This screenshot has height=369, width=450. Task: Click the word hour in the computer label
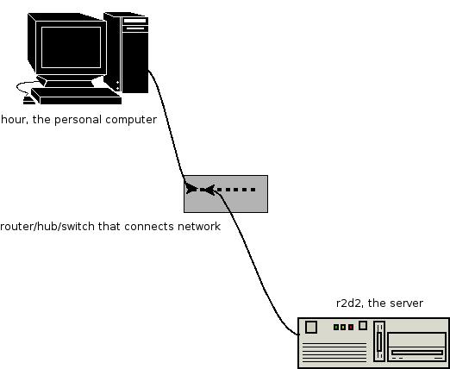pos(15,119)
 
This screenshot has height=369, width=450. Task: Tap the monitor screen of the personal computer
pos(71,47)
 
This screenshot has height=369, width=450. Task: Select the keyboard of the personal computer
pos(76,96)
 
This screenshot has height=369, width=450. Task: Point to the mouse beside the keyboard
pos(28,101)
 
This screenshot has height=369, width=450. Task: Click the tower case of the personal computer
pos(127,53)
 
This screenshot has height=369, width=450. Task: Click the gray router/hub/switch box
pos(226,194)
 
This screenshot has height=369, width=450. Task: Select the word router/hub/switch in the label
pos(47,227)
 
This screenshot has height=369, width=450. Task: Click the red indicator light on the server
pos(351,327)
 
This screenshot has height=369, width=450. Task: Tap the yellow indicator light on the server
pos(343,327)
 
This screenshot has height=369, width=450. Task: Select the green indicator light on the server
pos(336,327)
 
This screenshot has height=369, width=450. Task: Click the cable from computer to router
pos(167,122)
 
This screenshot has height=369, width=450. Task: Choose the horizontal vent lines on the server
pos(334,353)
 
